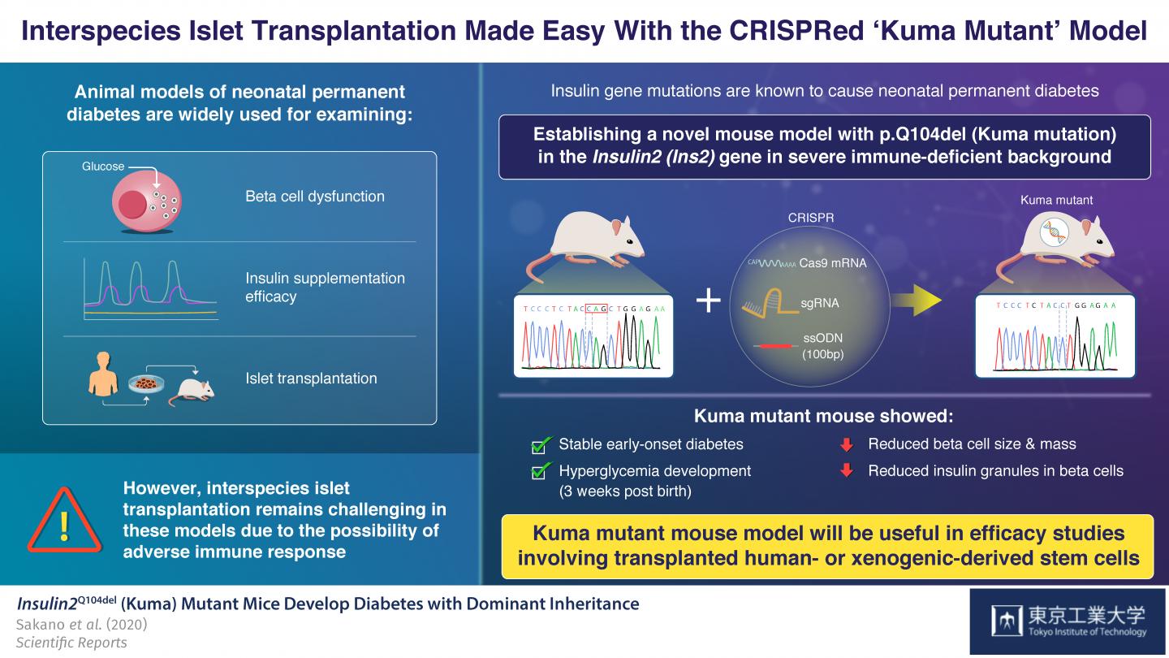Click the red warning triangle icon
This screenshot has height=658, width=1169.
point(63,519)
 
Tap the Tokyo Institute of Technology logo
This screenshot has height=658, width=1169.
point(1069,621)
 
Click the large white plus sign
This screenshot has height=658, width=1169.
point(709,301)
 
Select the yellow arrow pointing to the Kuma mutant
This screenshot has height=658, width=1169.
point(916,301)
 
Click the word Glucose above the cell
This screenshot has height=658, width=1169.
point(103,167)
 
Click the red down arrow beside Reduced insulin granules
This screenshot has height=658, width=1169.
point(847,470)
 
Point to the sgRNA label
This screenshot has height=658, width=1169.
point(819,303)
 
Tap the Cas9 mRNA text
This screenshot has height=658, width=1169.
point(833,262)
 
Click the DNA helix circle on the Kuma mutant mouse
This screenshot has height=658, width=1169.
point(1054,233)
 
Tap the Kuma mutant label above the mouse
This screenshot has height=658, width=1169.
point(1056,200)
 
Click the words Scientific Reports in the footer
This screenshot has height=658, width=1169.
point(71,643)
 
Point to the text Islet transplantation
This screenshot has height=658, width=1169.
point(311,379)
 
